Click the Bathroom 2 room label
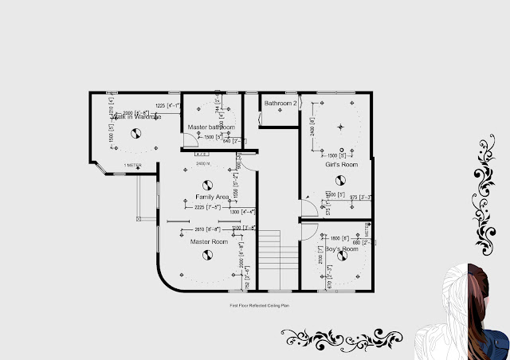[280, 104]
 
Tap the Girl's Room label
[341, 165]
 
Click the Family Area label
[212, 196]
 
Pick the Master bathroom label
[210, 127]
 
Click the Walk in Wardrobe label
[136, 117]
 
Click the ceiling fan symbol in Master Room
[209, 255]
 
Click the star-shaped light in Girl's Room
[341, 127]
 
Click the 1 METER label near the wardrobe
[133, 165]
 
